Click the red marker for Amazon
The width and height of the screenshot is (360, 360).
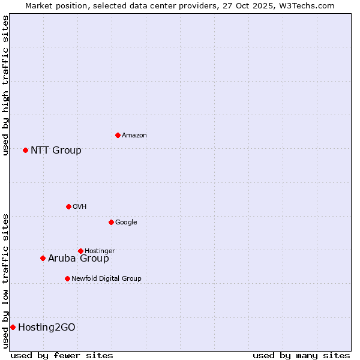pos(118,135)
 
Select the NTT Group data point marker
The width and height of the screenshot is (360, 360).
pos(25,150)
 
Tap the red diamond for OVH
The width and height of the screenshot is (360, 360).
pos(68,206)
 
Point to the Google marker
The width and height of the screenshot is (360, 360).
pos(111,222)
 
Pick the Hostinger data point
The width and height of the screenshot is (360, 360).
pos(80,251)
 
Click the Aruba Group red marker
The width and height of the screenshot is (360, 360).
pos(43,258)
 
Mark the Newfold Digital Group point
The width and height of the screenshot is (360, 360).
pos(67,278)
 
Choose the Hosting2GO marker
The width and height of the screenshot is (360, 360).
pos(13,327)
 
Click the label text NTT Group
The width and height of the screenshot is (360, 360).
pos(56,150)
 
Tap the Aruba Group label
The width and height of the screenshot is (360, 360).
pos(79,258)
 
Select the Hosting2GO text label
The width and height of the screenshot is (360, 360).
pos(47,327)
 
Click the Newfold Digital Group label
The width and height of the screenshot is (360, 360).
pos(106,278)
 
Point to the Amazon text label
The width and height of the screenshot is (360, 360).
pos(134,135)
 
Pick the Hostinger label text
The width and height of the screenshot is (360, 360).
pos(100,251)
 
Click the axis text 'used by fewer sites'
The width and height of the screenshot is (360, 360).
pos(62,355)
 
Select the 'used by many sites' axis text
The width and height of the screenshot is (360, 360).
pos(301,355)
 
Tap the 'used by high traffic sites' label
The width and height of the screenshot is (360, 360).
pos(5,85)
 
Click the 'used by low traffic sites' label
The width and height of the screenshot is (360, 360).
pos(5,280)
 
